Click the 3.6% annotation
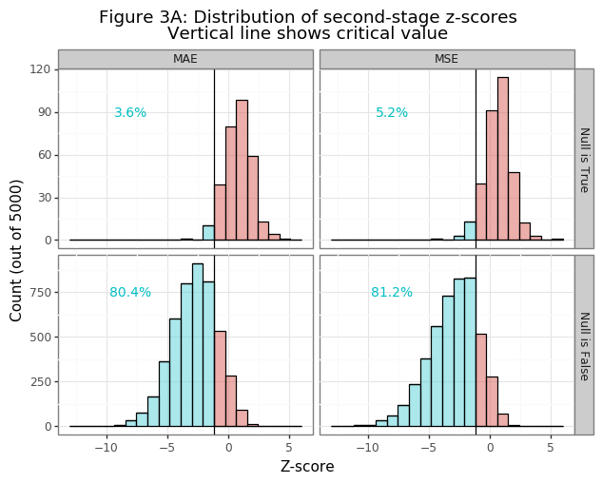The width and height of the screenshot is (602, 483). pos(130,113)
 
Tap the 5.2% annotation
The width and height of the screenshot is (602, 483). pos(392,113)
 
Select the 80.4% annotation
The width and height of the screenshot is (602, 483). pos(130,293)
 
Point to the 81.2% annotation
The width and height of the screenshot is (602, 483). pos(392,293)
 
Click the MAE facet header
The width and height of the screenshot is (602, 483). pos(185,59)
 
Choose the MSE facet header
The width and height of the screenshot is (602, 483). pos(447,59)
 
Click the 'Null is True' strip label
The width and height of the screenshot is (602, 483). pos(584,159)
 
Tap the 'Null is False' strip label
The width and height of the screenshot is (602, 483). pos(584,345)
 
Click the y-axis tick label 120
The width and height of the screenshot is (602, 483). pos(40,69)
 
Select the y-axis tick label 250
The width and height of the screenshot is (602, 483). pos(40,382)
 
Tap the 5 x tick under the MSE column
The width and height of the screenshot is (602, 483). pos(550,448)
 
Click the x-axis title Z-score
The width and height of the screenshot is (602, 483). pos(307,467)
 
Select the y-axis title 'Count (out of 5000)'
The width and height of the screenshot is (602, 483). pos(17,249)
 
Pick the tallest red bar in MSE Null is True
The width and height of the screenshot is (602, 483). pos(502,159)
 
